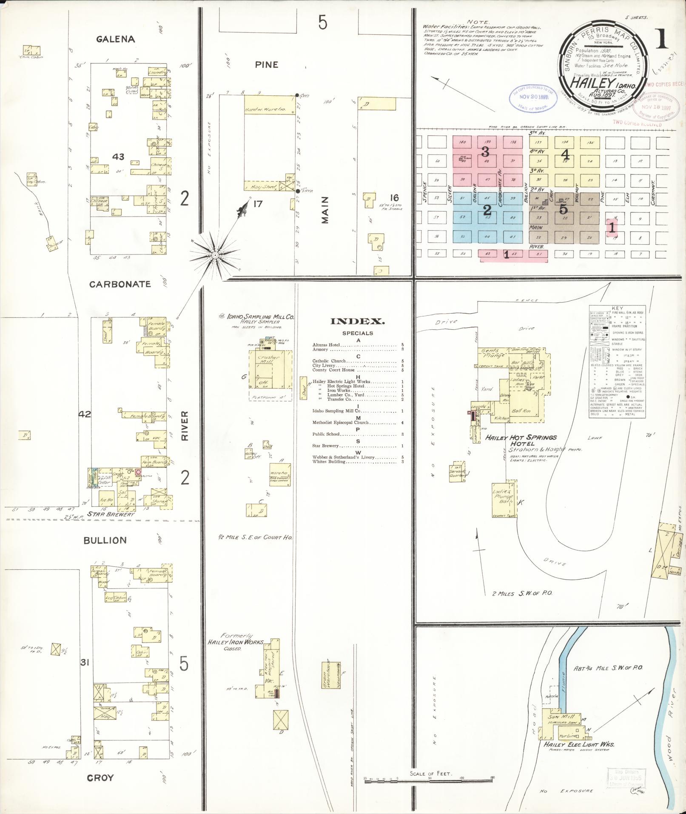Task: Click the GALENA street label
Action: (115, 39)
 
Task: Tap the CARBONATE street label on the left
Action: (120, 284)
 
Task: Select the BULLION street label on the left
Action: (105, 540)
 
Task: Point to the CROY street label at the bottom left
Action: (100, 778)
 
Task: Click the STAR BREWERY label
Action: (111, 514)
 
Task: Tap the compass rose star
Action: (215, 254)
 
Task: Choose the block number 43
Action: (118, 157)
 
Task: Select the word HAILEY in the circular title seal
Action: (587, 83)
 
